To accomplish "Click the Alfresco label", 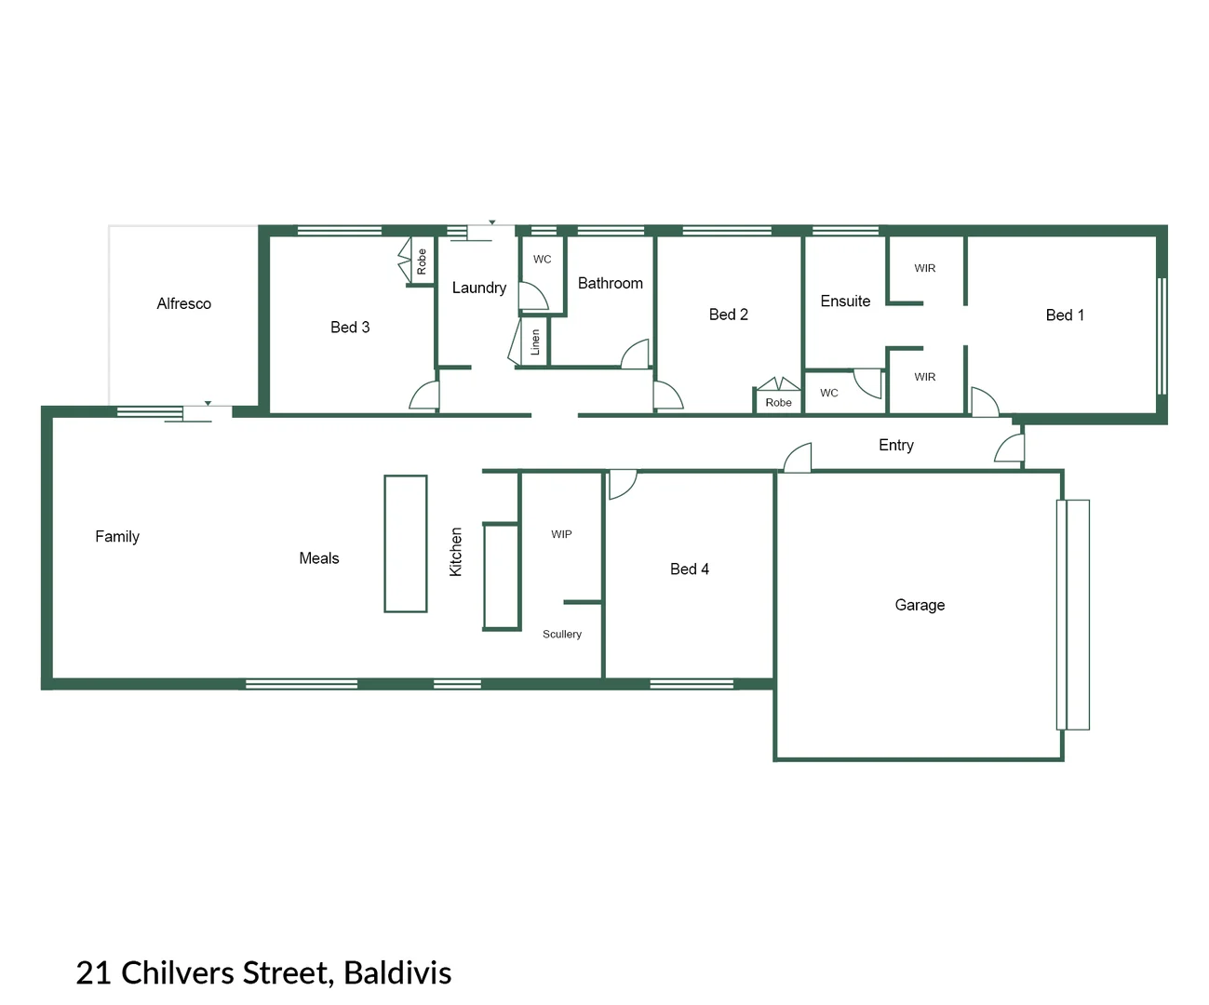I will point(183,303).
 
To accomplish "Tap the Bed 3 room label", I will point(350,327).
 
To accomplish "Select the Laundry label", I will point(478,288).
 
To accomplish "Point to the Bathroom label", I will point(610,283).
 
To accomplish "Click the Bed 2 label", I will point(728,315).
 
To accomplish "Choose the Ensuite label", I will point(845,301).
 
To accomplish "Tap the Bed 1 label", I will point(1065,315).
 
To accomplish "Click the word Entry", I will point(895,445).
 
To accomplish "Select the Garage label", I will point(920,605).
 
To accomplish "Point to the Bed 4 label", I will point(689,569).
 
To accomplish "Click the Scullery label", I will point(561,634).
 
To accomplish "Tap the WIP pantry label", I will point(561,534).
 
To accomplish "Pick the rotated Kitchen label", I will point(456,552).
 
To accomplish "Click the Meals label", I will point(318,558).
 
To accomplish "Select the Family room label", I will point(117,536).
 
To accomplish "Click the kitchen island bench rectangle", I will point(406,543).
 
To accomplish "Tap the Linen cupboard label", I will point(535,342).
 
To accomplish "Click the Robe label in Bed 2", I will point(778,402).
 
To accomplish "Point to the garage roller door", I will point(1072,614).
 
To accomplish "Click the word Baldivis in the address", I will point(397,972).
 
